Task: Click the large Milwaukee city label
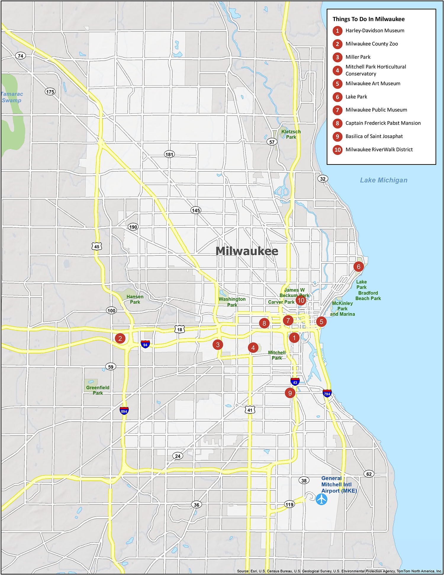(x=247, y=251)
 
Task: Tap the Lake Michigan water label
(x=383, y=180)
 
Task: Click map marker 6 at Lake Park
(x=358, y=267)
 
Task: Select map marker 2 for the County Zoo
(x=120, y=338)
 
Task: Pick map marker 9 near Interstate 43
(x=290, y=393)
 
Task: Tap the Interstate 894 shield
(x=124, y=411)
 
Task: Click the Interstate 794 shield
(x=327, y=393)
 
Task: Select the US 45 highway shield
(x=97, y=246)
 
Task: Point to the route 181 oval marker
(x=169, y=154)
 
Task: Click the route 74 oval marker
(x=20, y=56)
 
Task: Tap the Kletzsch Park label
(x=291, y=134)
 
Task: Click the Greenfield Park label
(x=98, y=390)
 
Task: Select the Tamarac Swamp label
(x=12, y=97)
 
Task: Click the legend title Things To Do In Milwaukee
(x=368, y=19)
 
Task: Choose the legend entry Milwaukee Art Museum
(x=373, y=84)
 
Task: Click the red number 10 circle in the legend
(x=337, y=150)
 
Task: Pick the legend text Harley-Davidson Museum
(x=375, y=31)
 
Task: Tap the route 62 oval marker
(x=369, y=474)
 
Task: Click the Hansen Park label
(x=135, y=299)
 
